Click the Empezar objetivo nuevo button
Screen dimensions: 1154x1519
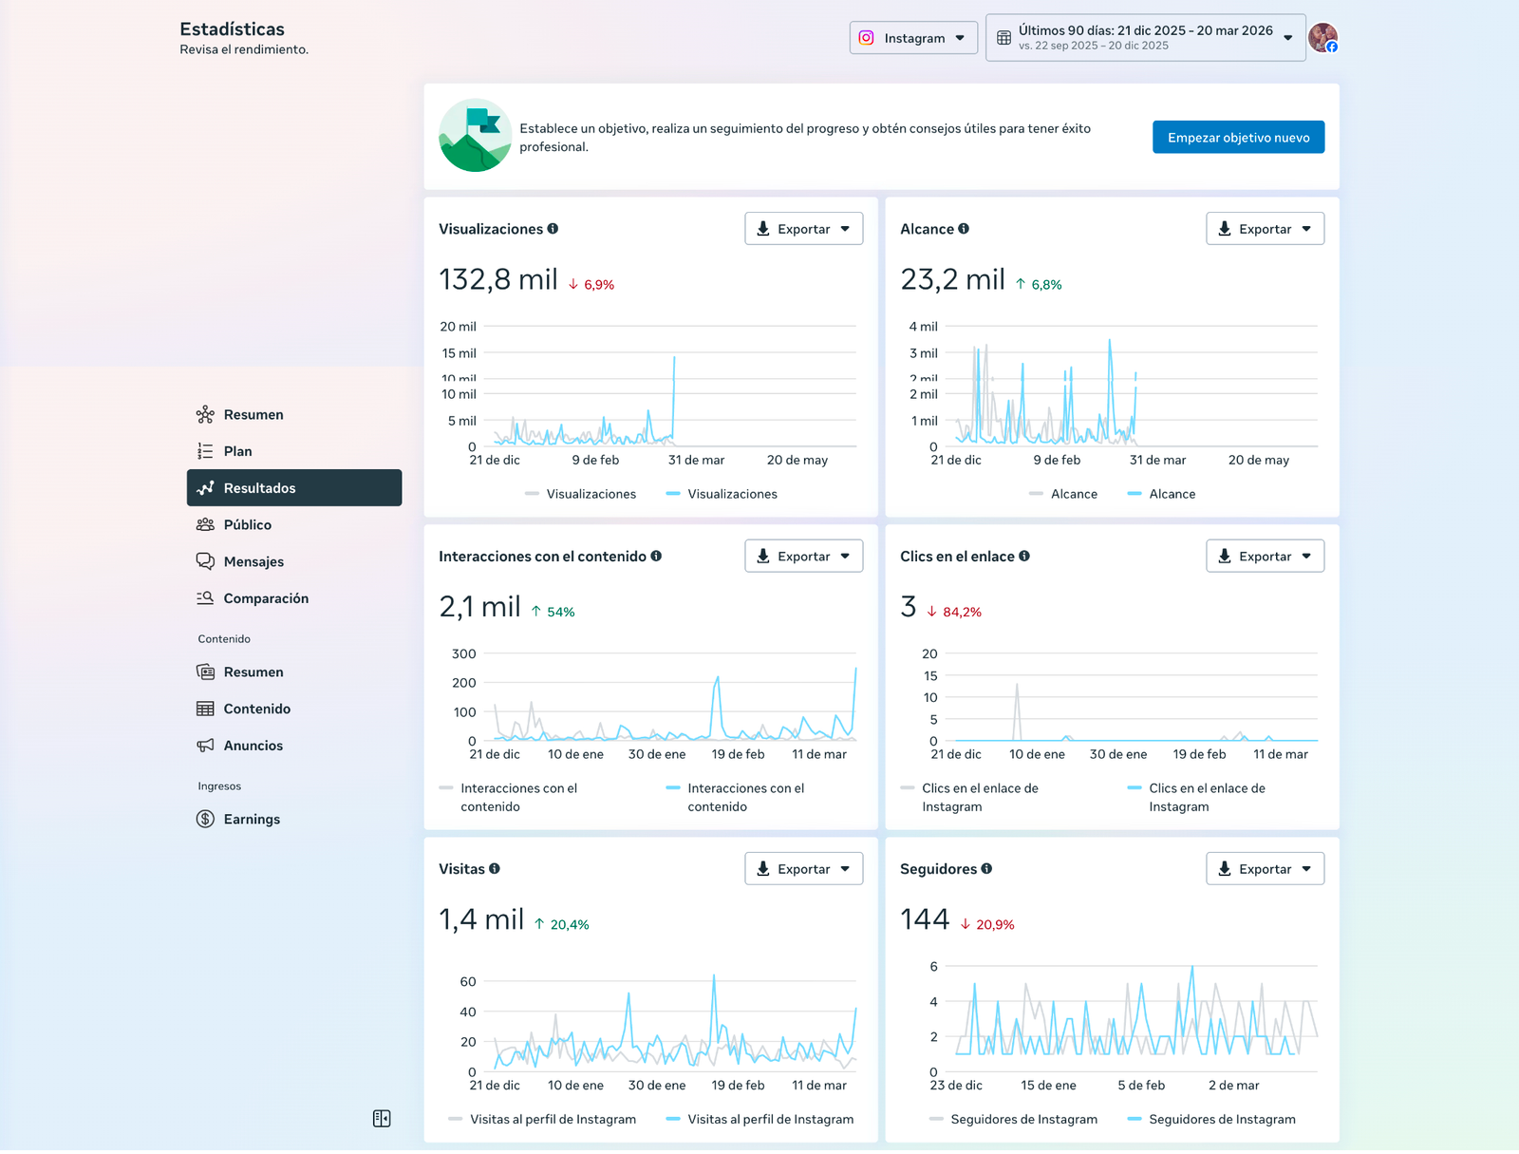pyautogui.click(x=1238, y=138)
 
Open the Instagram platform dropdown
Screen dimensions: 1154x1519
pyautogui.click(x=913, y=38)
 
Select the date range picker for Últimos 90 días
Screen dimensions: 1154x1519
pyautogui.click(x=1145, y=38)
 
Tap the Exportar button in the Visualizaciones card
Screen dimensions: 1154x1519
pyautogui.click(x=803, y=229)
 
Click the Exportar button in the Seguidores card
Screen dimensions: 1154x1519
pyautogui.click(x=1265, y=869)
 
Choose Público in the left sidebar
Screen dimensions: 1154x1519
pyautogui.click(x=247, y=525)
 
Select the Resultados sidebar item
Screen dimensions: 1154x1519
pyautogui.click(x=259, y=488)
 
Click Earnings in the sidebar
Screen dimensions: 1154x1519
pyautogui.click(x=251, y=820)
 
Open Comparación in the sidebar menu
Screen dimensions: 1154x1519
pyautogui.click(x=266, y=598)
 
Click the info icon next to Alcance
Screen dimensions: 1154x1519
pyautogui.click(x=964, y=229)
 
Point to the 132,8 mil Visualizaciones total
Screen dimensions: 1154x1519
pyautogui.click(x=497, y=280)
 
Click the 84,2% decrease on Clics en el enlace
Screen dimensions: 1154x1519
pyautogui.click(x=961, y=613)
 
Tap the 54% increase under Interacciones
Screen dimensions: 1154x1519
pyautogui.click(x=559, y=613)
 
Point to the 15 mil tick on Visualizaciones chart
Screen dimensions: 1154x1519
pyautogui.click(x=459, y=353)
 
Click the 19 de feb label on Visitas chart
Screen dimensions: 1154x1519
pyautogui.click(x=738, y=1086)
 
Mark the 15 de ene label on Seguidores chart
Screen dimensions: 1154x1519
pyautogui.click(x=1048, y=1086)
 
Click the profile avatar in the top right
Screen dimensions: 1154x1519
pyautogui.click(x=1322, y=38)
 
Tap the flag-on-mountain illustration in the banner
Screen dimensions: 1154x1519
pyautogui.click(x=476, y=135)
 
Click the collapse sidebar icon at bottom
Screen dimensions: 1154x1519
pyautogui.click(x=382, y=1119)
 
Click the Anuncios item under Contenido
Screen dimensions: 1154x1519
pyautogui.click(x=253, y=746)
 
